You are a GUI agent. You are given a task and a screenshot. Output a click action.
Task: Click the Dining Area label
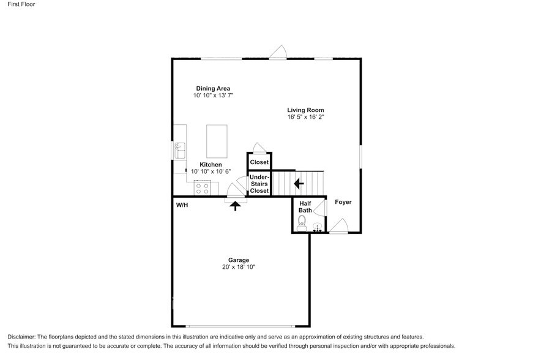213,88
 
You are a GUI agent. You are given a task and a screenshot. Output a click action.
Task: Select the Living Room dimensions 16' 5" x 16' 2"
305,118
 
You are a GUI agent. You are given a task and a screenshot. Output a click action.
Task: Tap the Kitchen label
211,165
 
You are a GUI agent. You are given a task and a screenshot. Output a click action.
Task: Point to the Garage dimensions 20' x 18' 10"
239,267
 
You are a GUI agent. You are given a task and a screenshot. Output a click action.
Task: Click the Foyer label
343,202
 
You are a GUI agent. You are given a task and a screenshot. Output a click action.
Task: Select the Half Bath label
305,207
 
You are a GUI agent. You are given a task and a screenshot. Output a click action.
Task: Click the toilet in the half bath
300,226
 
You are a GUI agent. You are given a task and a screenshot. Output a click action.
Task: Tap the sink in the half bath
318,227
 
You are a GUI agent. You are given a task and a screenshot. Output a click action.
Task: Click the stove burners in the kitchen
202,188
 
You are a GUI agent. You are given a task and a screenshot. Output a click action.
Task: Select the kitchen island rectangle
216,140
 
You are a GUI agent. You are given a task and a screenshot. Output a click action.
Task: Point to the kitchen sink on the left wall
180,149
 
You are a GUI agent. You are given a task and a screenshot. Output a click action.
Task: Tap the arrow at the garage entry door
235,206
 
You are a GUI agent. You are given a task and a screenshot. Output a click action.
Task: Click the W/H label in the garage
182,205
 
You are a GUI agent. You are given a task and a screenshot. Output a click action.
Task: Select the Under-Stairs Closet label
259,184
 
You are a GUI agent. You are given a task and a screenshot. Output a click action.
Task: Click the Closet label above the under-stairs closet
259,162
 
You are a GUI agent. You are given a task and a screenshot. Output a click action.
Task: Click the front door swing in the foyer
340,226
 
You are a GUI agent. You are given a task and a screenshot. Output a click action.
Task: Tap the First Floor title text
21,4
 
